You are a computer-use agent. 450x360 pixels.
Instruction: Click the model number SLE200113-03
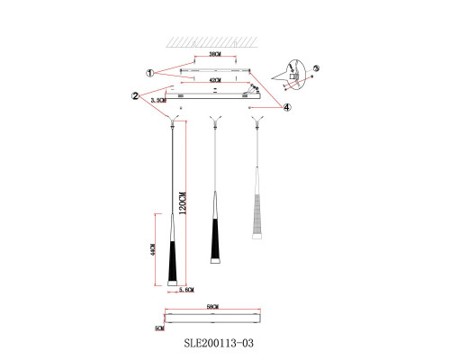click(x=226, y=343)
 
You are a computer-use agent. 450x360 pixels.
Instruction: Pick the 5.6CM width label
click(x=187, y=290)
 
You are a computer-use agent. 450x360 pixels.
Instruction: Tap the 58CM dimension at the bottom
click(x=213, y=309)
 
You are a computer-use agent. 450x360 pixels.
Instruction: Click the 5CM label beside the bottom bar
click(x=158, y=328)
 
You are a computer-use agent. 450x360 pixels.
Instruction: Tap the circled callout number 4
click(x=285, y=107)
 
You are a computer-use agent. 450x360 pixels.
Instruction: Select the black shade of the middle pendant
click(x=214, y=238)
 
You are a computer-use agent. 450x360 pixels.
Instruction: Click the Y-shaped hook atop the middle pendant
click(x=213, y=119)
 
